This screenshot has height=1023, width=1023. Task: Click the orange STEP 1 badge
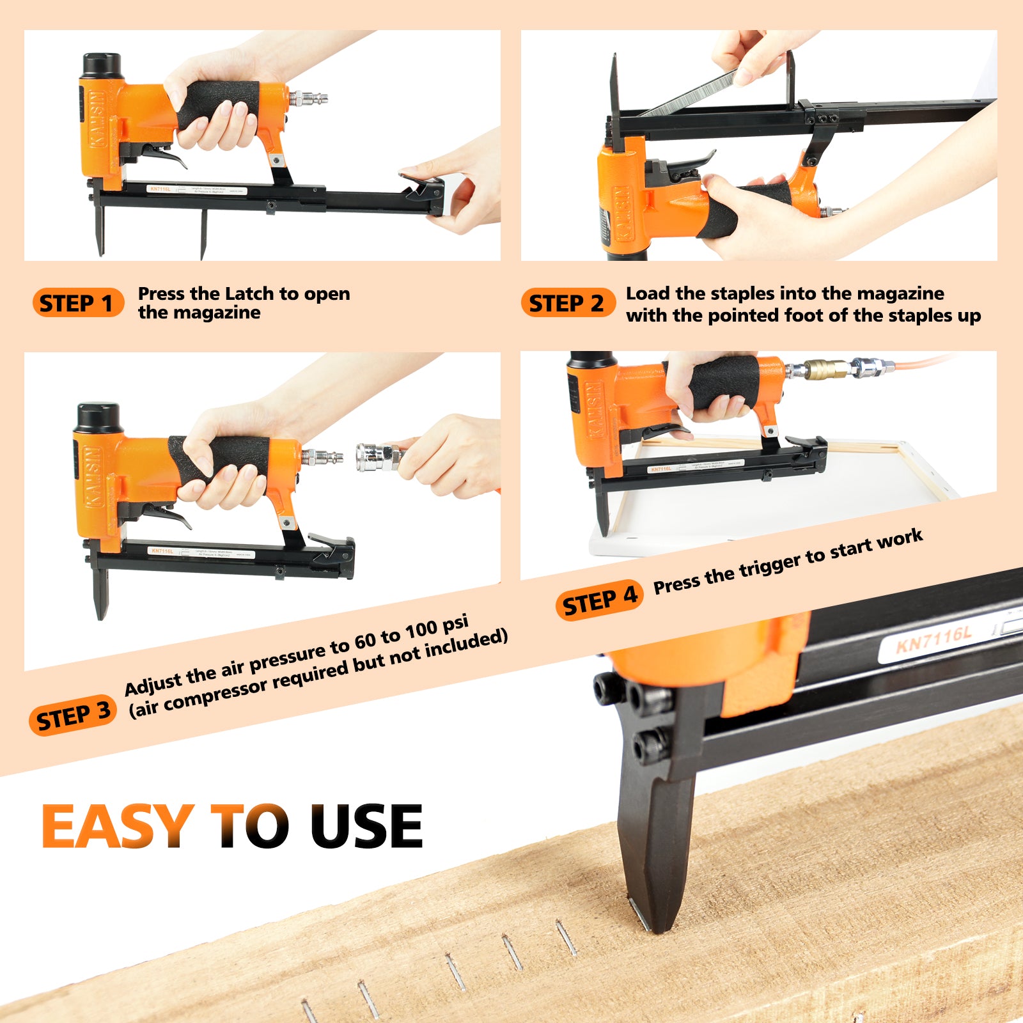[77, 303]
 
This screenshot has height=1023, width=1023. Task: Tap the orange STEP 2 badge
[566, 303]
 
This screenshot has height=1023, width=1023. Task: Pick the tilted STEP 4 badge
[599, 600]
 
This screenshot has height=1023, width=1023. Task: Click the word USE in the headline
[366, 826]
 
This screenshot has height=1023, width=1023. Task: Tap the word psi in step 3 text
[455, 625]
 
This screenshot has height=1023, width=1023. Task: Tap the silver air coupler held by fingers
[377, 457]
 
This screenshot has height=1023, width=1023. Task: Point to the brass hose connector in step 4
[825, 370]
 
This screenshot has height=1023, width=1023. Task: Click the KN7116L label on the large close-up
[933, 639]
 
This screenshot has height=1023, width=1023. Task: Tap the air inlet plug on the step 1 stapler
[310, 98]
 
